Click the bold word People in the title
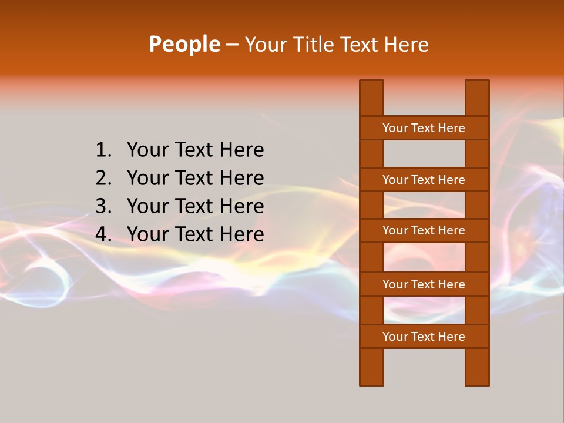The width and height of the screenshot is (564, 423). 184,44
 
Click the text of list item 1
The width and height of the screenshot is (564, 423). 195,150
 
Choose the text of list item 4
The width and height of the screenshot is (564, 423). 195,234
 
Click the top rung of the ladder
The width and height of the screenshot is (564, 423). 424,128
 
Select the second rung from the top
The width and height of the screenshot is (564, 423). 424,180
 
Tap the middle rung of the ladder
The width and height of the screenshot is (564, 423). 424,230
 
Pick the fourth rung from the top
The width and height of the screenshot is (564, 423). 424,284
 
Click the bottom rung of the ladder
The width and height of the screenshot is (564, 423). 424,337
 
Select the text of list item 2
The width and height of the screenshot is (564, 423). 195,178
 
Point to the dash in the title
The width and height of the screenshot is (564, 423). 231,45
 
